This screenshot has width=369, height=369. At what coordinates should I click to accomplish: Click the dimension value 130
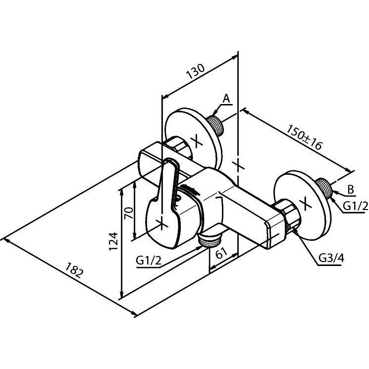point(195,71)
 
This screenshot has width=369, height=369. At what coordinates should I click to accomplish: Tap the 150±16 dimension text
point(304,137)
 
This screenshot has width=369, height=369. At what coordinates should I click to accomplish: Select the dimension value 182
point(74,270)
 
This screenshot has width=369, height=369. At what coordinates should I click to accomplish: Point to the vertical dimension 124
point(113,241)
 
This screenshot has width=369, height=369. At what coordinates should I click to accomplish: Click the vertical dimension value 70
point(129,213)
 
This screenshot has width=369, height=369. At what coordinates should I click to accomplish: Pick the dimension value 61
point(221,253)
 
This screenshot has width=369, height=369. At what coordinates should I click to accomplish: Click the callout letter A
point(226,99)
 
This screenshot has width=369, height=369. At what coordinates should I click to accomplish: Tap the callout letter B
point(351,189)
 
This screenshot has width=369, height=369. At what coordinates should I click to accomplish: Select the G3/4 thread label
point(331,259)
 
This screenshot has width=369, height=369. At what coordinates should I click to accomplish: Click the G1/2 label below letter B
point(355,207)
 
